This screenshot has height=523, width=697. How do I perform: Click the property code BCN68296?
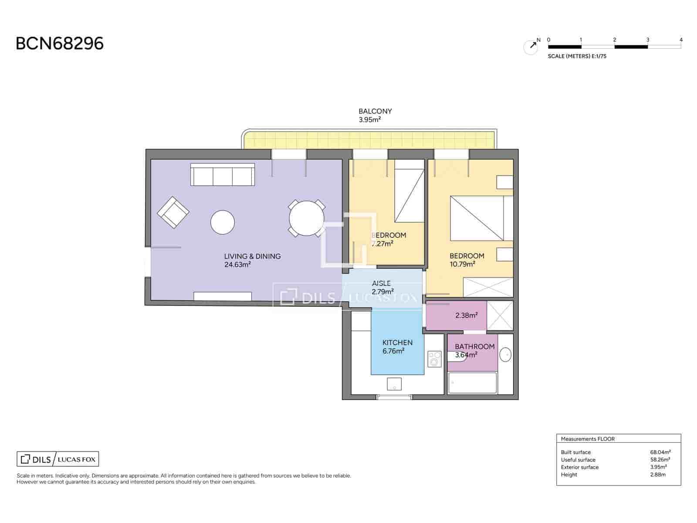click(60, 44)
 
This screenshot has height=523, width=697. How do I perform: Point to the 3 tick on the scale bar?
click(648, 40)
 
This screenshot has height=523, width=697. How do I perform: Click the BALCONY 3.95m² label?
click(375, 115)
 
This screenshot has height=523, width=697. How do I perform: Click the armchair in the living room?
click(173, 212)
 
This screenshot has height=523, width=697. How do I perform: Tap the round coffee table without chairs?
click(223, 222)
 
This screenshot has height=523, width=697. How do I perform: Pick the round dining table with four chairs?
click(307, 218)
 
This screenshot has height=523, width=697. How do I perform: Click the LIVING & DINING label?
click(252, 256)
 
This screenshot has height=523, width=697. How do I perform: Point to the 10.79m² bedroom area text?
click(462, 264)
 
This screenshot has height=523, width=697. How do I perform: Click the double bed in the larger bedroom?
click(481, 218)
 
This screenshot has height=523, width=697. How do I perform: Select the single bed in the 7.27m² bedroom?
click(409, 190)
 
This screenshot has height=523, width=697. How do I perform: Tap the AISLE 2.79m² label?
click(382, 287)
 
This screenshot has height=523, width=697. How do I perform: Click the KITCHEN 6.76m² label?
click(397, 346)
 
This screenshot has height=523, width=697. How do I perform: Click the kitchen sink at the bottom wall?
click(394, 384)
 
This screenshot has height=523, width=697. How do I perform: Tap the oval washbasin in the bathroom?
click(506, 354)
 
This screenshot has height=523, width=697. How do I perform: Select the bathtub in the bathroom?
click(472, 383)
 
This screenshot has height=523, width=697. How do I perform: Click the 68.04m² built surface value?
click(660, 452)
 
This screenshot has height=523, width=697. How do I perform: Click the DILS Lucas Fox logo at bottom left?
click(58, 459)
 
